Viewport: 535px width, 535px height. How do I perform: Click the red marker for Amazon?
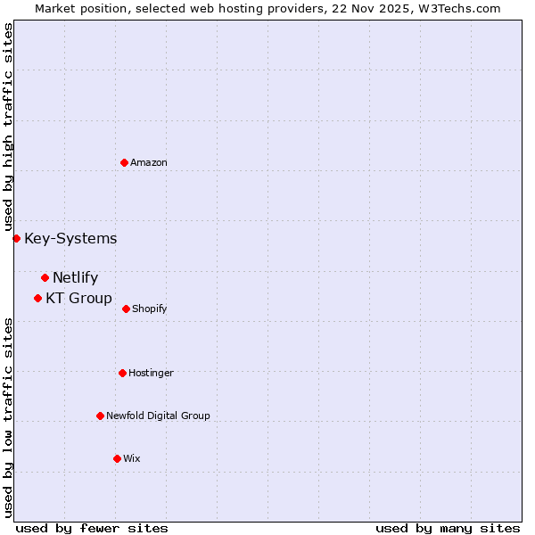[124, 162]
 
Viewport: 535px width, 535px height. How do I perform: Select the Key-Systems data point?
[16, 238]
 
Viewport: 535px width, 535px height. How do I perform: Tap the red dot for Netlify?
[45, 277]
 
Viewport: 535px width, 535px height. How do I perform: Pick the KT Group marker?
[37, 298]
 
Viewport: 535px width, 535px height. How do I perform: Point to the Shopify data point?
[126, 309]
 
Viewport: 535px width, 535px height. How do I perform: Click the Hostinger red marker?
[122, 373]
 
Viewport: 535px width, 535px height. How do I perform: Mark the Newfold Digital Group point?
[100, 416]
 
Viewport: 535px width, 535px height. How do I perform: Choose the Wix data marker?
[117, 458]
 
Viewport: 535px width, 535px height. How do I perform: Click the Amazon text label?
[149, 162]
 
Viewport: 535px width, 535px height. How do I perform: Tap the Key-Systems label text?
[70, 238]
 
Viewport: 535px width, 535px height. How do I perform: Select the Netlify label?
[75, 277]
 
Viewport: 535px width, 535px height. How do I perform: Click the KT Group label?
[78, 298]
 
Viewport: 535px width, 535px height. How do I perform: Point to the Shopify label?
[149, 309]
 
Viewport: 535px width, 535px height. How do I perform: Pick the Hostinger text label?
[151, 373]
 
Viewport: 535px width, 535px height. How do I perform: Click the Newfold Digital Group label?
[158, 416]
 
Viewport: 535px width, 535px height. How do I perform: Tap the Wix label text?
[132, 458]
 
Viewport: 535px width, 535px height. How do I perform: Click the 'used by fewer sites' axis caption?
[92, 528]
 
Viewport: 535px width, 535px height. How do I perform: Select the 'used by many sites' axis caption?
[448, 528]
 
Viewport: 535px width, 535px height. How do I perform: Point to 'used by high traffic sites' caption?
[8, 127]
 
